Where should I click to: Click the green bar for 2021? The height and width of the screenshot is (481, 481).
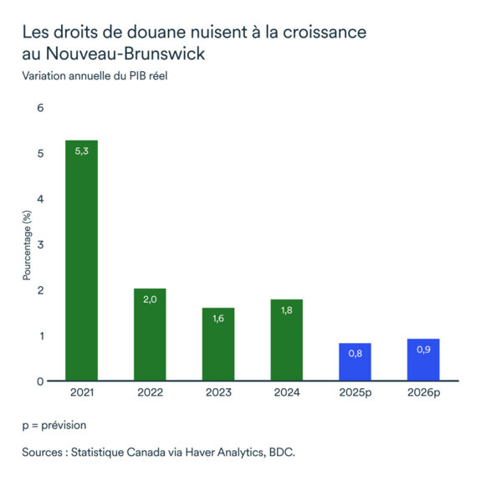tap(82, 260)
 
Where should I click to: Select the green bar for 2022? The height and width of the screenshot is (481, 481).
tap(150, 335)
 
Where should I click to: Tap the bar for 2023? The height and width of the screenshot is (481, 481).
tap(217, 344)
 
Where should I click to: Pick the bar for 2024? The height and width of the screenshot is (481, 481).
tap(285, 340)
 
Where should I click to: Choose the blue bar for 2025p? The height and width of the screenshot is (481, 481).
tap(354, 362)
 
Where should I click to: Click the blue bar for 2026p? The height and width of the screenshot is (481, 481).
tap(422, 360)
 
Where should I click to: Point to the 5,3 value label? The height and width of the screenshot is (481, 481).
tap(82, 151)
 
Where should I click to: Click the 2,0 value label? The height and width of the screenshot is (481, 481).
tap(150, 299)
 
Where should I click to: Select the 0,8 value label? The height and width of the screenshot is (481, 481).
tap(354, 354)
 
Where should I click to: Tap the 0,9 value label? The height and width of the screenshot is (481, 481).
tap(422, 350)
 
